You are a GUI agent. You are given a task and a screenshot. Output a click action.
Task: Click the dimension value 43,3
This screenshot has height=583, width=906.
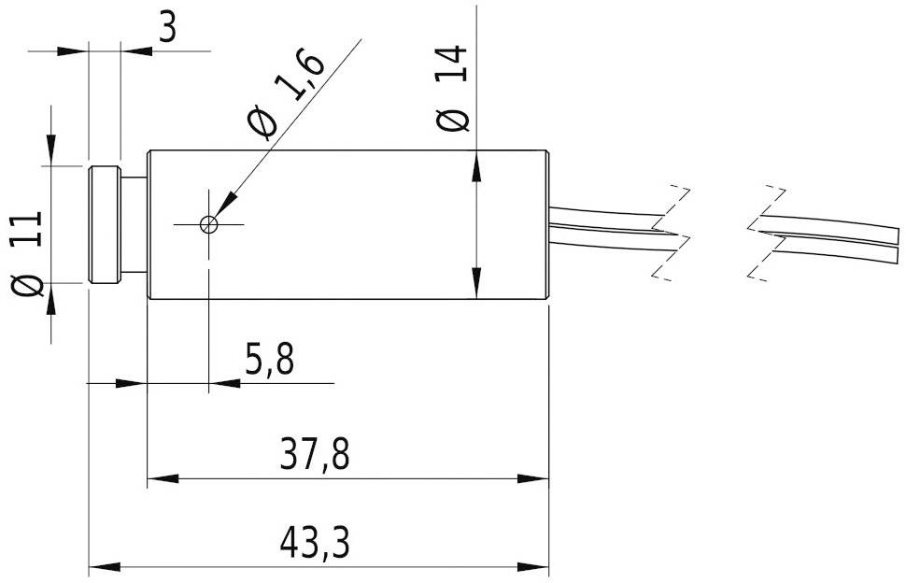[x=318, y=541]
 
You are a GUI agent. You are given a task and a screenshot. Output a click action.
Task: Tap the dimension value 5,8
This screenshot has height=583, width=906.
[x=270, y=360]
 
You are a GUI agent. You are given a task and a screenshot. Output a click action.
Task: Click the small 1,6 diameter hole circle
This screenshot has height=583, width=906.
[x=209, y=224]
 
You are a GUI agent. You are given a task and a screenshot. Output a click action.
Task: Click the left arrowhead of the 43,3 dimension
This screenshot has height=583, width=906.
[x=102, y=566]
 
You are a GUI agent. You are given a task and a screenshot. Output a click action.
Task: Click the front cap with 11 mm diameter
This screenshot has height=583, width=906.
[x=104, y=224]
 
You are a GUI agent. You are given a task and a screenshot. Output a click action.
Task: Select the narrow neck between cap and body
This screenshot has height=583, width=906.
[x=134, y=224]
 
